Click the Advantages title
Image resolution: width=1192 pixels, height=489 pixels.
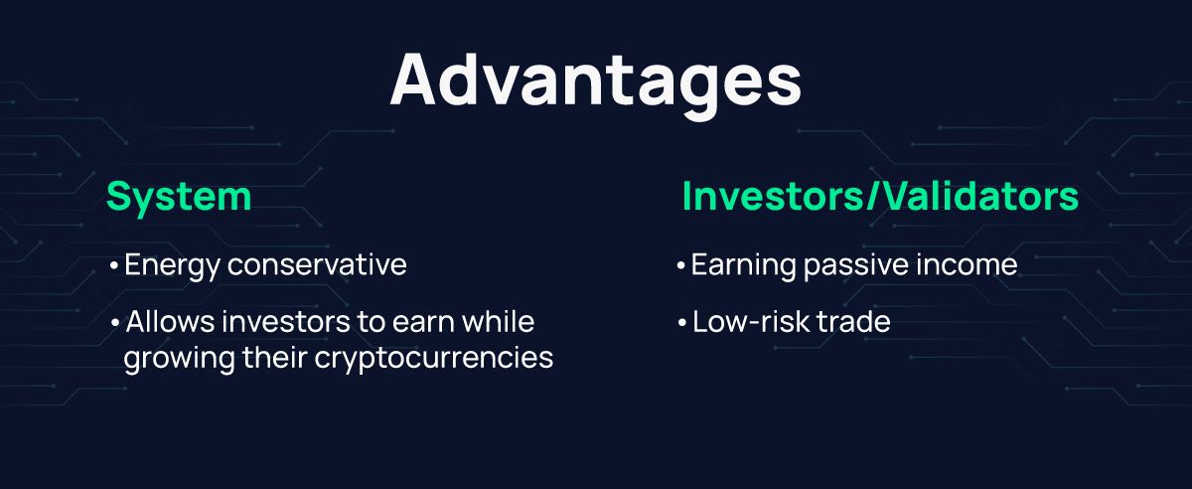point(596,80)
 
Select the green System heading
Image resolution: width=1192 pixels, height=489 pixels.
point(179,197)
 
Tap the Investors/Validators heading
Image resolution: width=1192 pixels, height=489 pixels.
point(880,197)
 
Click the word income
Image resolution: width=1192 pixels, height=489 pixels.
point(970,266)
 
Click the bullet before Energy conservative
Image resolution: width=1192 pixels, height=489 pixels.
point(114,267)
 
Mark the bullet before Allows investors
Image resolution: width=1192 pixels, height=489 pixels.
point(114,324)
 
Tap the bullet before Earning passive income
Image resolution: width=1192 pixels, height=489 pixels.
point(680,267)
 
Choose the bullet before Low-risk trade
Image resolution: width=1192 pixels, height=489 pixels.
point(680,324)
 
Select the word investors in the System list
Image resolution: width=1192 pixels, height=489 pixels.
point(281,323)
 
